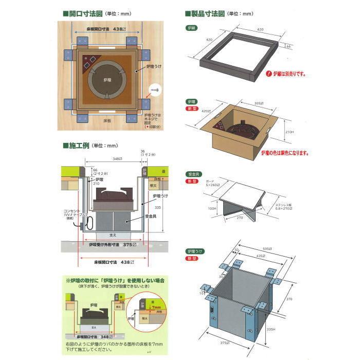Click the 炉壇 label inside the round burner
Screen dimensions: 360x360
pos(106,81)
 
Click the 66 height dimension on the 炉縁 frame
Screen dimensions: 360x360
pos(288,46)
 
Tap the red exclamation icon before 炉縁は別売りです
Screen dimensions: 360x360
pos(267,74)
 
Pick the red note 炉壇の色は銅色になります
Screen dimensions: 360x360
pos(285,153)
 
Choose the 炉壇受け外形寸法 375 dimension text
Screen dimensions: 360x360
pos(111,244)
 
